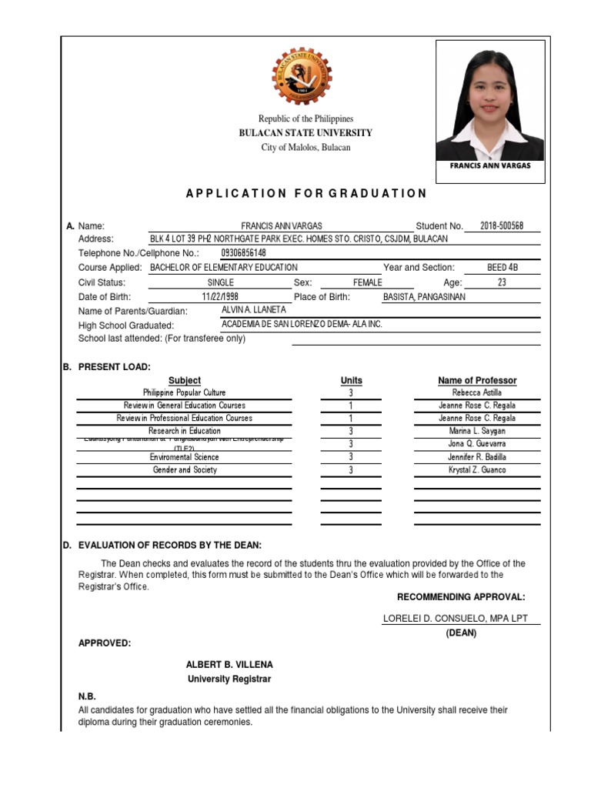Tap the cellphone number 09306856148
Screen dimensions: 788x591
243,253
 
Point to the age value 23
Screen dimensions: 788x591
502,282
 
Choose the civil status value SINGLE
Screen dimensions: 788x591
221,282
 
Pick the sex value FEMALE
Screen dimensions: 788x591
367,282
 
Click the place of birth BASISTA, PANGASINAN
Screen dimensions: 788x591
424,297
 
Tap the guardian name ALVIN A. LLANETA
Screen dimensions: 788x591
253,309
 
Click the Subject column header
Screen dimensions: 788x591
185,380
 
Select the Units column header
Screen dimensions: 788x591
351,380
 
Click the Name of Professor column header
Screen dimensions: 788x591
477,380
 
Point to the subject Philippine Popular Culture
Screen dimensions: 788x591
185,392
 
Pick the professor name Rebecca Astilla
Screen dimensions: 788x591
477,392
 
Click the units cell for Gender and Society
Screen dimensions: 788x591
351,470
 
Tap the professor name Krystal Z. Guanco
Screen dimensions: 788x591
477,470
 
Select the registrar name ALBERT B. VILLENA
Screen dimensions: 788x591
229,664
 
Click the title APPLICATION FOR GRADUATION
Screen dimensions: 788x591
306,193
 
